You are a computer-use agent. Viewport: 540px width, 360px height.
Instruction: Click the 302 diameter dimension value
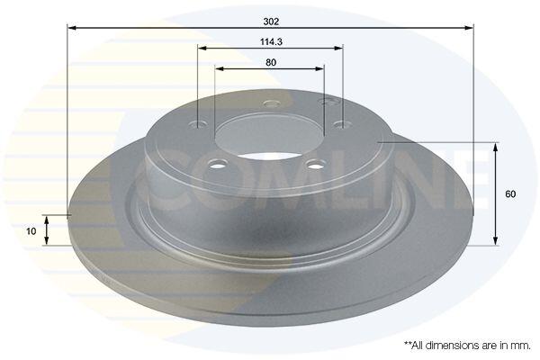click(x=271, y=22)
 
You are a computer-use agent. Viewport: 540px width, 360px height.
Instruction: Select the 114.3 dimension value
click(x=271, y=42)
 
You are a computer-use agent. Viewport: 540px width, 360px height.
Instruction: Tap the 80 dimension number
click(x=271, y=62)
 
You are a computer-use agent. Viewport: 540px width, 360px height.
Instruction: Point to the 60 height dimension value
click(x=510, y=194)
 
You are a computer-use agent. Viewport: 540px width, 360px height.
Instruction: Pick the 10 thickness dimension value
click(x=31, y=231)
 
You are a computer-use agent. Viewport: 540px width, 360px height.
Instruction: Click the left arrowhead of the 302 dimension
click(x=71, y=27)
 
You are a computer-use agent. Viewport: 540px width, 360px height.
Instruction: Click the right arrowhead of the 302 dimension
click(x=470, y=27)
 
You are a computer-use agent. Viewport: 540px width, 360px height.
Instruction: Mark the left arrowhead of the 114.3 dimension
click(x=202, y=48)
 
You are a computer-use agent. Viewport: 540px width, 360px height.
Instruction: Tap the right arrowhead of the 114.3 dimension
click(x=339, y=48)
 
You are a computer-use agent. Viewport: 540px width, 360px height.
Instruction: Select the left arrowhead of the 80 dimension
click(x=220, y=68)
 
